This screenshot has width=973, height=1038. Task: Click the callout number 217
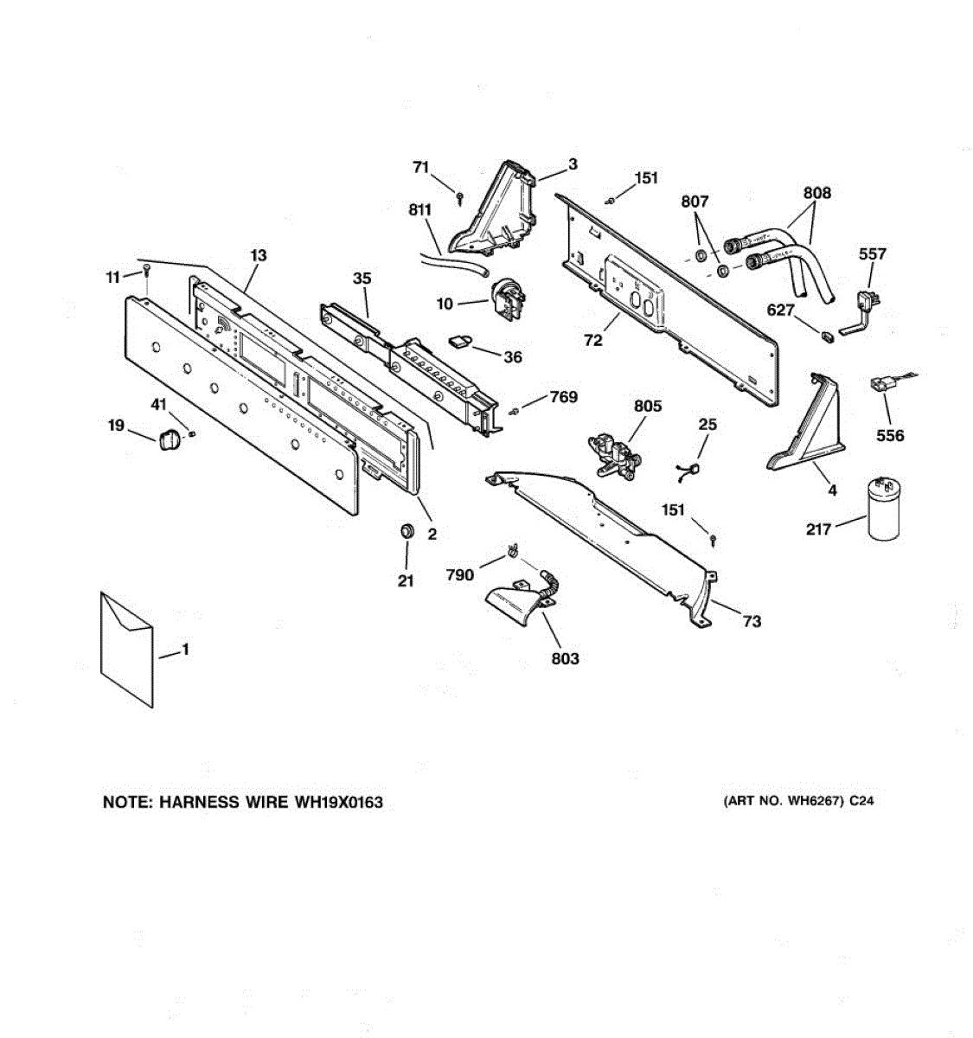(818, 529)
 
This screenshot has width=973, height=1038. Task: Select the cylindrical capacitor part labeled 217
(884, 510)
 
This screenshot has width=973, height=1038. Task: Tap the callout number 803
(565, 659)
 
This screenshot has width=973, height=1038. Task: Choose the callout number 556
(890, 435)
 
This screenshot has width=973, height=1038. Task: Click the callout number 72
(592, 341)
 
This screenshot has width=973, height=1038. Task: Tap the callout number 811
(420, 210)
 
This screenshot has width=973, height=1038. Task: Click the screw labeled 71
(460, 198)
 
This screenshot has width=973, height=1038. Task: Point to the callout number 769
(564, 397)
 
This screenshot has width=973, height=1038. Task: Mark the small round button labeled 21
(405, 530)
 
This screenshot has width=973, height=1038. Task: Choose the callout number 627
(781, 310)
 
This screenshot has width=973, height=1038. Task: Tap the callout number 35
(362, 279)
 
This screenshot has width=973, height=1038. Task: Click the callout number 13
(259, 255)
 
